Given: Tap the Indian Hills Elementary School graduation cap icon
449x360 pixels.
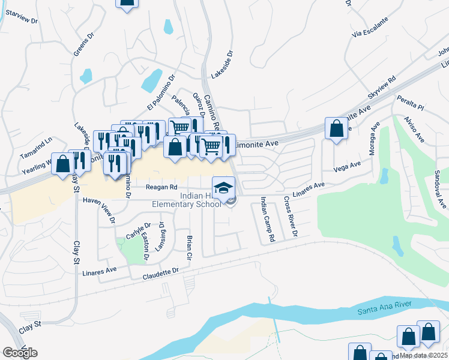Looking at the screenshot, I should point(223,187).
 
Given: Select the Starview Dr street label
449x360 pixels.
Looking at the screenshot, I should point(20,20).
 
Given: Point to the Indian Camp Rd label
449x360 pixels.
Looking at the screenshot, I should point(267,219).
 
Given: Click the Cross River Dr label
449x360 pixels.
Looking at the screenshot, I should point(291,216).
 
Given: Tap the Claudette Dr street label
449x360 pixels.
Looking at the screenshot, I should point(161,273).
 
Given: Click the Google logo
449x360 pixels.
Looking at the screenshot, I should point(20,352).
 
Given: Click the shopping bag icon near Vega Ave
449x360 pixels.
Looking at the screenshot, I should point(337,128).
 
